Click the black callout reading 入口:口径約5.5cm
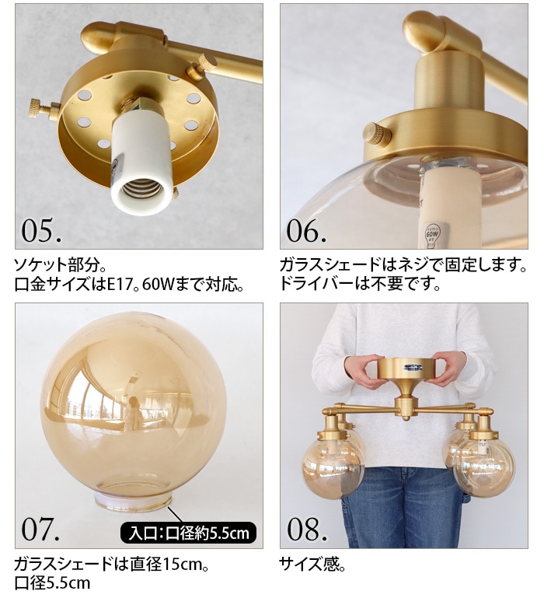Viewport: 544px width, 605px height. tap(189, 533)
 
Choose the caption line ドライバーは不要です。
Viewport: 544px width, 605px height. tap(361, 284)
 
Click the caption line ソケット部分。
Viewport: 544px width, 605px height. tap(58, 265)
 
